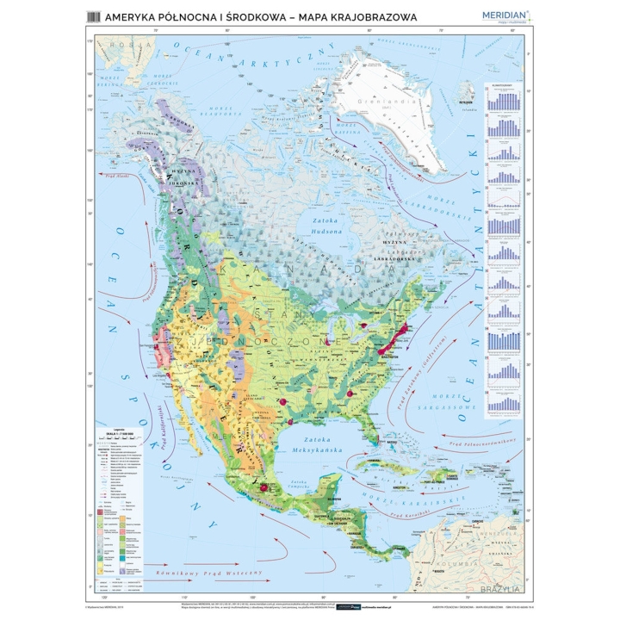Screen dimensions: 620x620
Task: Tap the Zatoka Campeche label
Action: tap(300, 482)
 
